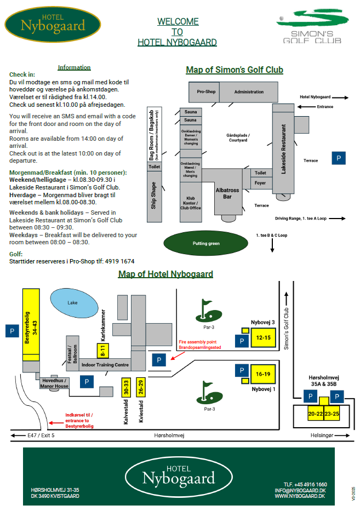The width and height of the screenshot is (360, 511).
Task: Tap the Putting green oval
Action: pyautogui.click(x=206, y=243)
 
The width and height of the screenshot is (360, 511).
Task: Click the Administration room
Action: pyautogui.click(x=248, y=92)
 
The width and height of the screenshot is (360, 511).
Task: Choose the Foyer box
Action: pyautogui.click(x=260, y=183)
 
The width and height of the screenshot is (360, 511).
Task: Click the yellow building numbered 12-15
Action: pyautogui.click(x=263, y=337)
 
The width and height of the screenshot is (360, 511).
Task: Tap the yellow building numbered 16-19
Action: pyautogui.click(x=263, y=374)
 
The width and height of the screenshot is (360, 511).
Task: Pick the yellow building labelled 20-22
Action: pyautogui.click(x=315, y=414)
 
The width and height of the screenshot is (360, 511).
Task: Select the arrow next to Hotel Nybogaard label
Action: pyautogui.click(x=340, y=97)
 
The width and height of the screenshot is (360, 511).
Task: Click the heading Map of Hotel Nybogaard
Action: pyautogui.click(x=165, y=274)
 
